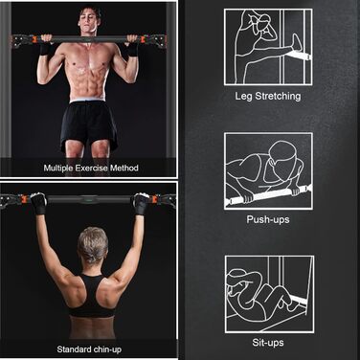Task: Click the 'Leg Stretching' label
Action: click(268, 97)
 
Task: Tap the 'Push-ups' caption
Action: click(268, 219)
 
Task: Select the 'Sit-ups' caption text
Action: click(268, 343)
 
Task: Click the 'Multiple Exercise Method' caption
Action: click(91, 168)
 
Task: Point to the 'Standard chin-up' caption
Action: click(89, 349)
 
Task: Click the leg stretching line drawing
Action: click(268, 47)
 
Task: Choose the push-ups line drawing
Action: click(268, 171)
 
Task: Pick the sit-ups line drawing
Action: click(269, 294)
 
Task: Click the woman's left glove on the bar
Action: click(38, 203)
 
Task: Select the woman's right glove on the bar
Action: click(141, 203)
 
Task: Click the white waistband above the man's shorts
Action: click(87, 101)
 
